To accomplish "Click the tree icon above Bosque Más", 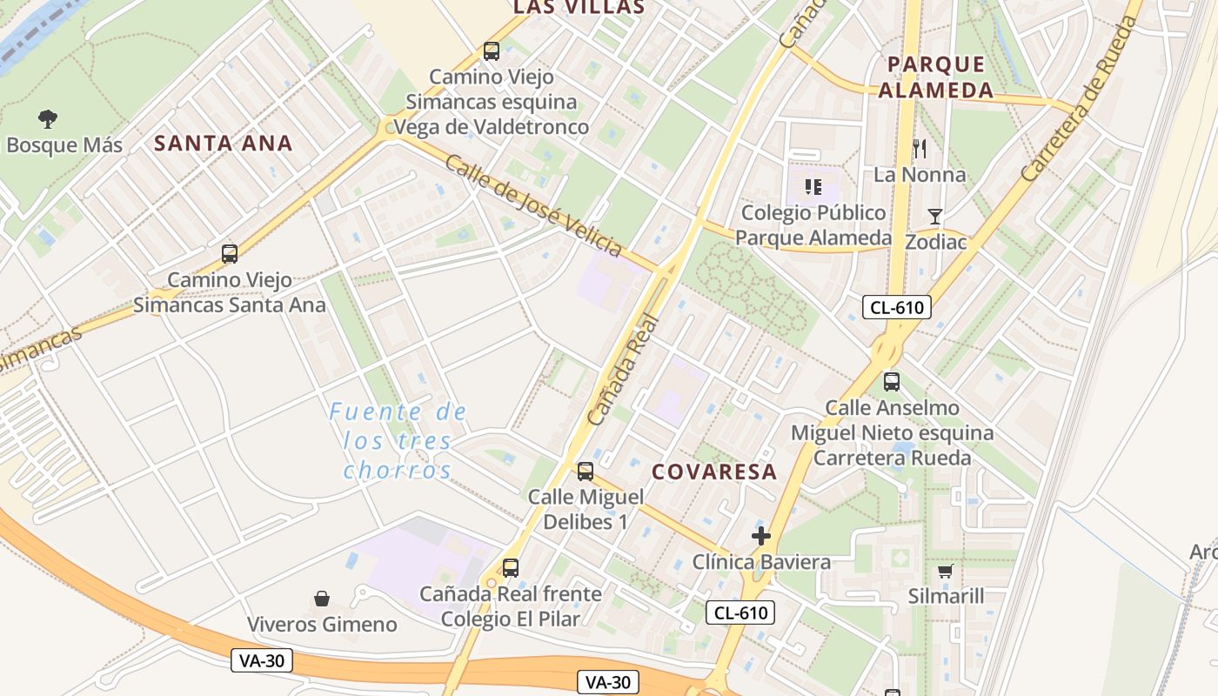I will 48,118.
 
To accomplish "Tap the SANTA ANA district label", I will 224,144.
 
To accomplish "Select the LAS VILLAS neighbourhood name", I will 579,8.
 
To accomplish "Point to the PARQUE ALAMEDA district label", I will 935,77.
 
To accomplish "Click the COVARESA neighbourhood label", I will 714,472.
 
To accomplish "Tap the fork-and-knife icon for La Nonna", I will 920,149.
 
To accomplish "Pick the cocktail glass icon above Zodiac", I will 935,216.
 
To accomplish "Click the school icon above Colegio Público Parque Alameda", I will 813,186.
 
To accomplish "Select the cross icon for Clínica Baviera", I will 761,536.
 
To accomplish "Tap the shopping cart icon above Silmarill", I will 946,571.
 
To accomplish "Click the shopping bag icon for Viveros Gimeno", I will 322,599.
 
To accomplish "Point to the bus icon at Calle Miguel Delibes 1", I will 586,472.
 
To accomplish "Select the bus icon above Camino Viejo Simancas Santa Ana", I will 230,254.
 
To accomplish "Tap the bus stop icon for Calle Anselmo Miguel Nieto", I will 892,381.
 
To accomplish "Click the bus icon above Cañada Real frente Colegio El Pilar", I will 511,568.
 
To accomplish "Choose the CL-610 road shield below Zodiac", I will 897,306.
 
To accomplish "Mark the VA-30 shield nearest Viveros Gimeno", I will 262,660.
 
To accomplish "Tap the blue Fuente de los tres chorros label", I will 398,441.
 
